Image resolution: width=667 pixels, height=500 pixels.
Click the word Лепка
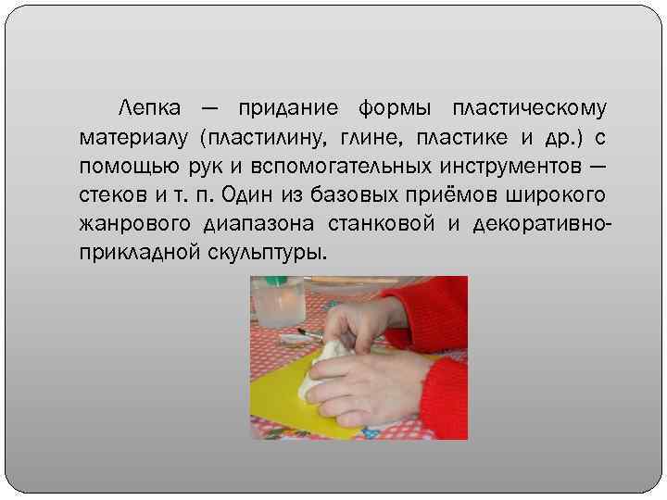click(155, 109)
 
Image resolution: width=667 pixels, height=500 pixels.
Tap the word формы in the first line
click(390, 109)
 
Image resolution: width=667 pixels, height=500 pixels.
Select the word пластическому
click(530, 109)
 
